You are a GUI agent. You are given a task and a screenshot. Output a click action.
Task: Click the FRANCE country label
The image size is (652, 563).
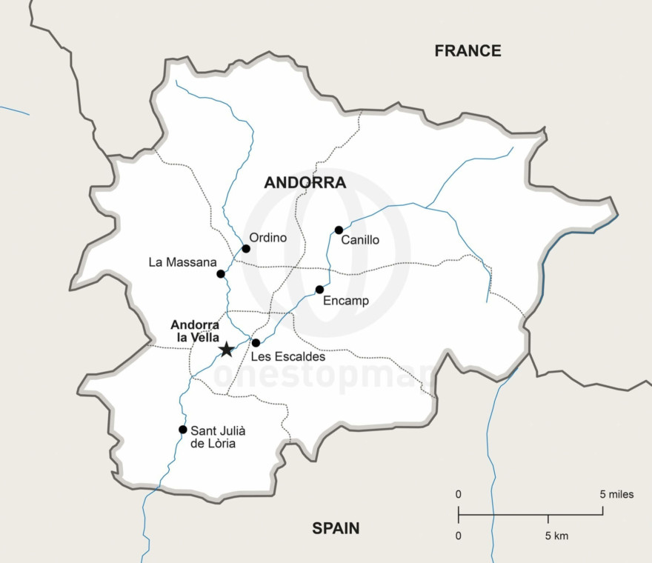click(468, 51)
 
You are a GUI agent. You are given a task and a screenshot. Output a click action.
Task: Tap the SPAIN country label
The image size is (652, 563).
click(336, 528)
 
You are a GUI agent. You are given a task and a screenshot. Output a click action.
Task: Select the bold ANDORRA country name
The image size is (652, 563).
click(305, 182)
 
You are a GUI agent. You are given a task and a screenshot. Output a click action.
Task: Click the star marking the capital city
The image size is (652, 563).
click(226, 350)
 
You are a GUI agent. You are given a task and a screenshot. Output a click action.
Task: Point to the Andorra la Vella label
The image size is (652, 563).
click(195, 331)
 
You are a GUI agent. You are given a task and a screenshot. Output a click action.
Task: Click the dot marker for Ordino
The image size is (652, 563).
click(246, 248)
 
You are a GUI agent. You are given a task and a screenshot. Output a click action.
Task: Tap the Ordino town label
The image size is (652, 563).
click(267, 238)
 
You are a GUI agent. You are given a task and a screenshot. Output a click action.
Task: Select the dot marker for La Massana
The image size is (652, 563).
click(221, 274)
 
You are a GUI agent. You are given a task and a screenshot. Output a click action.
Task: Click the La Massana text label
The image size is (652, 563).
click(182, 262)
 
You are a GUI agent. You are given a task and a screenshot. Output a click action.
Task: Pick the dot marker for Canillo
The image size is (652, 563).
click(339, 230)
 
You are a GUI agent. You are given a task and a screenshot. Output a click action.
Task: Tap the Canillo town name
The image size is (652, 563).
click(360, 240)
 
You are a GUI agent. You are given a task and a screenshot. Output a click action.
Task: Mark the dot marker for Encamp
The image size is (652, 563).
click(319, 290)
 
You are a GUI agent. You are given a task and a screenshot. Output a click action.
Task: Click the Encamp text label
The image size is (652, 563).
click(346, 301)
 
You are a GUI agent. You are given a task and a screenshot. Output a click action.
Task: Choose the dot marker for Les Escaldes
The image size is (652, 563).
click(256, 343)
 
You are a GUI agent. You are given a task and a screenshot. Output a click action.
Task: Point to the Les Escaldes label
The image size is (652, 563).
click(288, 357)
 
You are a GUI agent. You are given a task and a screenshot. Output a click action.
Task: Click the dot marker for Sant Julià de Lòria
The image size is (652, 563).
click(182, 430)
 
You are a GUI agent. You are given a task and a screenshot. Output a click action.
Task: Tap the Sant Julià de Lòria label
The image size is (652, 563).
click(218, 437)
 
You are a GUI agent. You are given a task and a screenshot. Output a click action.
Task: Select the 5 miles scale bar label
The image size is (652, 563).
click(616, 494)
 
